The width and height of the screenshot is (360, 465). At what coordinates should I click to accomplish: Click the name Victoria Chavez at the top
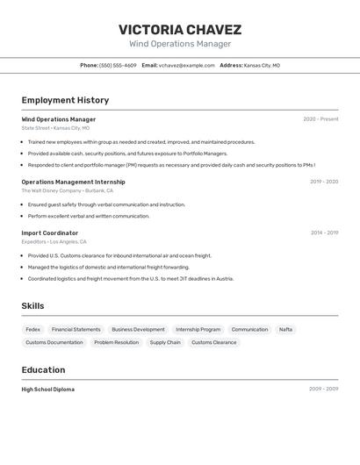click(x=180, y=30)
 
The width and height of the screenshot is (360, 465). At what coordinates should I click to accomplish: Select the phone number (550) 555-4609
click(x=118, y=66)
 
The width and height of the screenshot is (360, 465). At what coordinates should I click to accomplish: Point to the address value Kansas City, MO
click(x=262, y=66)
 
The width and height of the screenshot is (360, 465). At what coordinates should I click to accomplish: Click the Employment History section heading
click(x=65, y=100)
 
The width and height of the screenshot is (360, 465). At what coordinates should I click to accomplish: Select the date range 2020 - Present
click(x=320, y=119)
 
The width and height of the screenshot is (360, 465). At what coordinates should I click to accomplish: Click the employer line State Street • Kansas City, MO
click(x=55, y=128)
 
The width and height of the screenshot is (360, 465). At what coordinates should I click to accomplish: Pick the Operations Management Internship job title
click(x=73, y=182)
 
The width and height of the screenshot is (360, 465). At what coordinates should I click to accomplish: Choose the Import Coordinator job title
click(x=50, y=232)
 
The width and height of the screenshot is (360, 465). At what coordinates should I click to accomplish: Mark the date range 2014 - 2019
click(x=324, y=232)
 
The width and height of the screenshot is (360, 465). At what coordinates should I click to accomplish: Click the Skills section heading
click(x=33, y=305)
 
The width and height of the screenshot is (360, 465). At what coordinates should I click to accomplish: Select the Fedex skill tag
click(x=33, y=330)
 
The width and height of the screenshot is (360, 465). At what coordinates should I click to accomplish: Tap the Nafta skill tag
click(x=285, y=330)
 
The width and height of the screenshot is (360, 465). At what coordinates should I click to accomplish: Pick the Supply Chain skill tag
click(x=165, y=343)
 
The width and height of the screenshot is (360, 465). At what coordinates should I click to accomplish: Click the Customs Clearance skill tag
click(x=214, y=343)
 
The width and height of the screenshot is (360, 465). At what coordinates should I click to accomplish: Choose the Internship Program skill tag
click(x=198, y=330)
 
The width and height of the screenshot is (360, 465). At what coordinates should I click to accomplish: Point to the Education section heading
click(x=43, y=369)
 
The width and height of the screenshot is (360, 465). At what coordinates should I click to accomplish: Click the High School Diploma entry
click(x=48, y=389)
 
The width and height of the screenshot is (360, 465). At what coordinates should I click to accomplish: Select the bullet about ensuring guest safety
click(x=106, y=204)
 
